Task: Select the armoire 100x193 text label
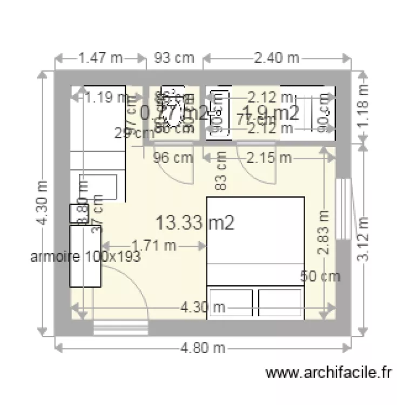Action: point(86,257)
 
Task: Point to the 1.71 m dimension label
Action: point(154,245)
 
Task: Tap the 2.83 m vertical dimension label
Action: point(323,232)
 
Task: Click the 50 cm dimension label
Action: point(320,276)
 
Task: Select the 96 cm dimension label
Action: point(173,158)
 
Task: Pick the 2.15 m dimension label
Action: point(269,158)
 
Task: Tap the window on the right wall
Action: point(342,208)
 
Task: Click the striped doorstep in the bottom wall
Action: point(120,327)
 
